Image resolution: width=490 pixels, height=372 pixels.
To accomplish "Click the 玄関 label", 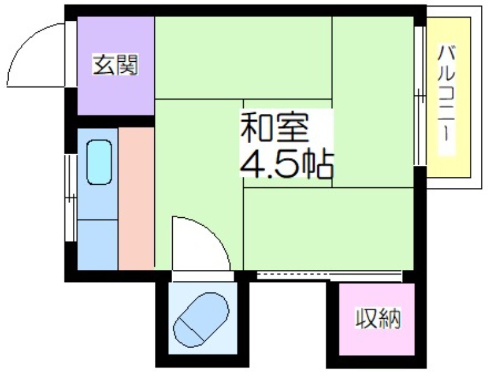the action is pyautogui.click(x=115, y=65).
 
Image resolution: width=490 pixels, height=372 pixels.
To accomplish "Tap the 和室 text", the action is pyautogui.click(x=274, y=127).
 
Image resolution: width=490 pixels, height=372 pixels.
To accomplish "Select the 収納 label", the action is pyautogui.click(x=379, y=319).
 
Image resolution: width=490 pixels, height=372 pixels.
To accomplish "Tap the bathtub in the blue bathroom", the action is pyautogui.click(x=99, y=162).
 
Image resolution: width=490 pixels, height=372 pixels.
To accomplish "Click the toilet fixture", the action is pyautogui.click(x=201, y=319).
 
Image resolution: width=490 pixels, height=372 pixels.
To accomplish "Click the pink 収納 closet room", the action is pyautogui.click(x=377, y=319).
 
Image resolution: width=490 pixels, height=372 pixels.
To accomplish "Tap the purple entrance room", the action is pyautogui.click(x=116, y=65).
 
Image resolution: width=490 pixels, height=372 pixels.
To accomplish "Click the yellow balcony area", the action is pyautogui.click(x=449, y=97).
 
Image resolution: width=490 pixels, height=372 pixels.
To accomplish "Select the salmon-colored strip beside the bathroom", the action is pyautogui.click(x=136, y=198).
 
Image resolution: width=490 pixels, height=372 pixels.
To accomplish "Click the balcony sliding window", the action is pyautogui.click(x=420, y=96).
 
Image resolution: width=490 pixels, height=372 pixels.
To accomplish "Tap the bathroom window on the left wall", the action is pyautogui.click(x=70, y=198).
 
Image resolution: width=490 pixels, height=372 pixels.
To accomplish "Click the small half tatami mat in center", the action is pyautogui.click(x=287, y=144).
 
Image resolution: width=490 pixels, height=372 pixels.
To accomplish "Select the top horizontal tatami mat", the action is pyautogui.click(x=243, y=58).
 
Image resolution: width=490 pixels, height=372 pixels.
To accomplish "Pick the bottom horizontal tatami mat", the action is pyautogui.click(x=328, y=229).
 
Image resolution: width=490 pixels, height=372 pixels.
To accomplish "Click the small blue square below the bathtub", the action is pyautogui.click(x=97, y=245).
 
